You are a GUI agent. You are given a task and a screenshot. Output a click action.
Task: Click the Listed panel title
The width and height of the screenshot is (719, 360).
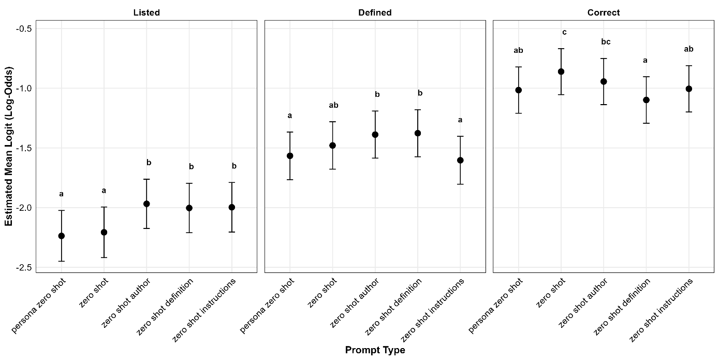pyautogui.click(x=146, y=12)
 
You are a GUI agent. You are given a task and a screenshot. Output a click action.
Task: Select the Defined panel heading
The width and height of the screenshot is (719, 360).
pyautogui.click(x=375, y=12)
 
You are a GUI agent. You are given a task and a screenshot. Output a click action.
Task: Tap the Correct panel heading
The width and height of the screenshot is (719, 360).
pyautogui.click(x=604, y=12)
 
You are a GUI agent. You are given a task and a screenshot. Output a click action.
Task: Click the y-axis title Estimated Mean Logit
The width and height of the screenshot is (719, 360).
pyautogui.click(x=9, y=147)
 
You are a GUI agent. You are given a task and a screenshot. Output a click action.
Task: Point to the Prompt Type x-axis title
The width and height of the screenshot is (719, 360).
pyautogui.click(x=375, y=350)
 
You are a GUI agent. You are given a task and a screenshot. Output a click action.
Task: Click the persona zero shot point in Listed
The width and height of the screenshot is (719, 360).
pyautogui.click(x=61, y=236)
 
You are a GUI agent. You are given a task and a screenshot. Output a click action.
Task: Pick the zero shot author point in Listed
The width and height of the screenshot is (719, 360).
pyautogui.click(x=146, y=204)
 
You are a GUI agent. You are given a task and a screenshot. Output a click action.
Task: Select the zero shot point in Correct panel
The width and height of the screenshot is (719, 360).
pyautogui.click(x=561, y=71)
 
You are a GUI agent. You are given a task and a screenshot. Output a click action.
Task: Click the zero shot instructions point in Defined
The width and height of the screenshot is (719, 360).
pyautogui.click(x=460, y=160)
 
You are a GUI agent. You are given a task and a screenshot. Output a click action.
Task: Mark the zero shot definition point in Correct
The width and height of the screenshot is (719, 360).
pyautogui.click(x=646, y=100)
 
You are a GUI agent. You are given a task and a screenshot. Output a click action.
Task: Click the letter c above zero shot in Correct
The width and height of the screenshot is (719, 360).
pyautogui.click(x=564, y=33)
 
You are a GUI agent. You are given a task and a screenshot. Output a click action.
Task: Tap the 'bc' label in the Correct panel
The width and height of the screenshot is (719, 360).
pyautogui.click(x=606, y=42)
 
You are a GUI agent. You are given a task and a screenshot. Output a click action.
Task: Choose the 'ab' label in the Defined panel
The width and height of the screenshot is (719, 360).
pyautogui.click(x=333, y=105)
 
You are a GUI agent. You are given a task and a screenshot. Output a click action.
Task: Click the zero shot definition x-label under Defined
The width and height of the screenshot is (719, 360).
pyautogui.click(x=393, y=306)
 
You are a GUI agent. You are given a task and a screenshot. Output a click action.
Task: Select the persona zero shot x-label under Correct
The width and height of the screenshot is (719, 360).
pyautogui.click(x=496, y=305)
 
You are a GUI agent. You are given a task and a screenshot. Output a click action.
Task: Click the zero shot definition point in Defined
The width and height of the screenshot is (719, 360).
pyautogui.click(x=418, y=133)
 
